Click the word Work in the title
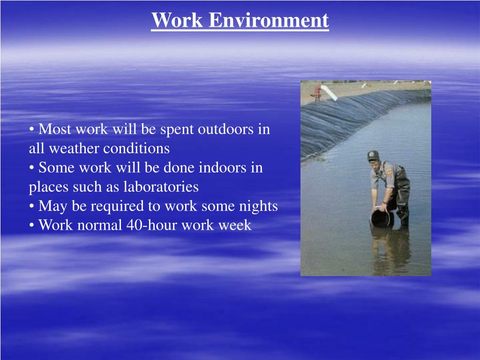click(177, 21)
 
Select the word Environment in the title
click(269, 21)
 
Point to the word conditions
click(136, 149)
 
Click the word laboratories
click(161, 187)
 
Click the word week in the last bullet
click(236, 225)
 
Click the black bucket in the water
click(381, 218)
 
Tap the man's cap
click(373, 155)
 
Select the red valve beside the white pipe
click(318, 91)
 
